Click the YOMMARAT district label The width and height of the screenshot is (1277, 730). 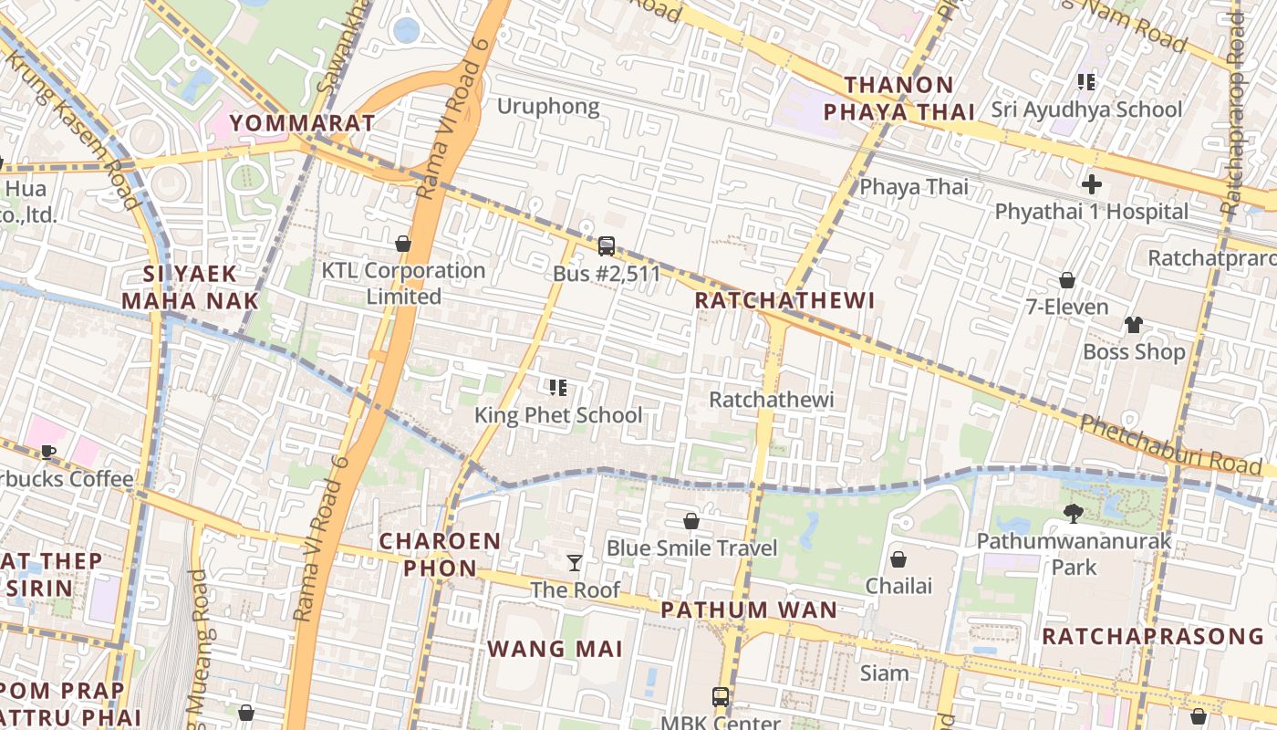pos(302,122)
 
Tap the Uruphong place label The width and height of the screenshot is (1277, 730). pos(548,106)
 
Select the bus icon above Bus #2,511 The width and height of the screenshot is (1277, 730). pos(607,246)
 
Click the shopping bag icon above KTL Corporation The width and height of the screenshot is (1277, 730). pos(402,244)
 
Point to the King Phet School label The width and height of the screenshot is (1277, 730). pos(558,415)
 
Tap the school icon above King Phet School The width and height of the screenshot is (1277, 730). pos(558,389)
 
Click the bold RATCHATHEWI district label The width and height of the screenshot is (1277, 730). pos(784,300)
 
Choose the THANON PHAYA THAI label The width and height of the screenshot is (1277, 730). pos(899,99)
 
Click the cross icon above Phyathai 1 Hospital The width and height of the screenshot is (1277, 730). pos(1091,184)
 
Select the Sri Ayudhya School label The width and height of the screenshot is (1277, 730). pos(1087,109)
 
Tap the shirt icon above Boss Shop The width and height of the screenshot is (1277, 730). pos(1133,324)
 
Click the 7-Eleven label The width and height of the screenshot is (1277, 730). pos(1067,307)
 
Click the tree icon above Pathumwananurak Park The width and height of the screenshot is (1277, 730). pos(1074,514)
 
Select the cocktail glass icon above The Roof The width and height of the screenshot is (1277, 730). pos(575,562)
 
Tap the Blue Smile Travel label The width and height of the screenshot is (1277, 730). pos(692,548)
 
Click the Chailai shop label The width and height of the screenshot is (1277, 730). pos(898,585)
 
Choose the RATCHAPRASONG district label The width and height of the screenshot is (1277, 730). pos(1153,636)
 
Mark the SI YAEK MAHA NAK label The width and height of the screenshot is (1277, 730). pos(190,287)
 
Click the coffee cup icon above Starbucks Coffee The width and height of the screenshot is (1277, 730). pos(47,452)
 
